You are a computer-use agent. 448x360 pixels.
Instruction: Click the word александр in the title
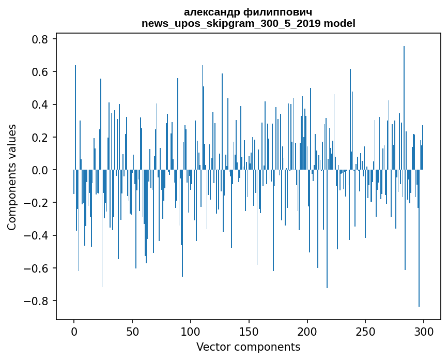[214, 12]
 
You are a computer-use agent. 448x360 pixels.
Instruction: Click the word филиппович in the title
[280, 12]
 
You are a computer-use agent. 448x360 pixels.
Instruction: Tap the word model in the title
[339, 23]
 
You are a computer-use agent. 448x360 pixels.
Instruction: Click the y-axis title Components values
[11, 176]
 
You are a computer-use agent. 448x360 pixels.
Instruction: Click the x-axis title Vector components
[248, 347]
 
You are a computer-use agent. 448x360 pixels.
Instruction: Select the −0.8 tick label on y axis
[36, 301]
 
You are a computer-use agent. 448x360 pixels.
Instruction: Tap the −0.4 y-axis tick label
[36, 236]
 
